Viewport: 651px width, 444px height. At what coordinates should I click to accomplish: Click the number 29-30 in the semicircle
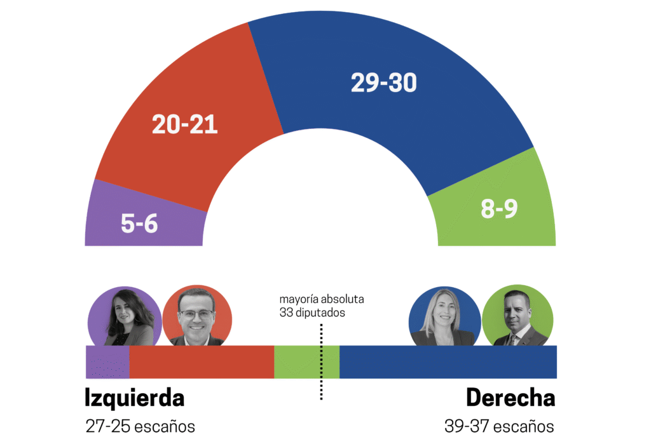(x=383, y=83)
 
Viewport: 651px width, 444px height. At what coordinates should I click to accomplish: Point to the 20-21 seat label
(x=184, y=124)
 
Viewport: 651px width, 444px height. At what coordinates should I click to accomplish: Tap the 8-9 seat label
(x=499, y=209)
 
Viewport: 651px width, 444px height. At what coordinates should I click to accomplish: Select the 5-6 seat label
(x=139, y=223)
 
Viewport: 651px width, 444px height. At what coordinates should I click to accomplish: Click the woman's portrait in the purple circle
(x=121, y=316)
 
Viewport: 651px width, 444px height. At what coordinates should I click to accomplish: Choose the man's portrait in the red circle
(x=196, y=316)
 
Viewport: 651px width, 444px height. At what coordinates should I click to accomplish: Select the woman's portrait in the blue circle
(x=443, y=316)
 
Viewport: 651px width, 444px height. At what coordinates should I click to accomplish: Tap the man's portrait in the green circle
(x=516, y=316)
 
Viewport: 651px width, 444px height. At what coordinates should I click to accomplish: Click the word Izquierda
(x=134, y=398)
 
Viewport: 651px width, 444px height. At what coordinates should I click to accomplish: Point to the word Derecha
(x=510, y=398)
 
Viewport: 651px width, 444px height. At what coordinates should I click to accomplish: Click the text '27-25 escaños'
(x=140, y=426)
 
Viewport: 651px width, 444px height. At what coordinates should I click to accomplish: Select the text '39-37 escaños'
(x=499, y=426)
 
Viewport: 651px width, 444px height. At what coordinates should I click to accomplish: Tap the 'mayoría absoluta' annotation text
(x=322, y=299)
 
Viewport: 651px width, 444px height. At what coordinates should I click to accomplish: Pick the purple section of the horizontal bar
(x=107, y=362)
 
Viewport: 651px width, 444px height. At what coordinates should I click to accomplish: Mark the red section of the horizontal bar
(x=202, y=362)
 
